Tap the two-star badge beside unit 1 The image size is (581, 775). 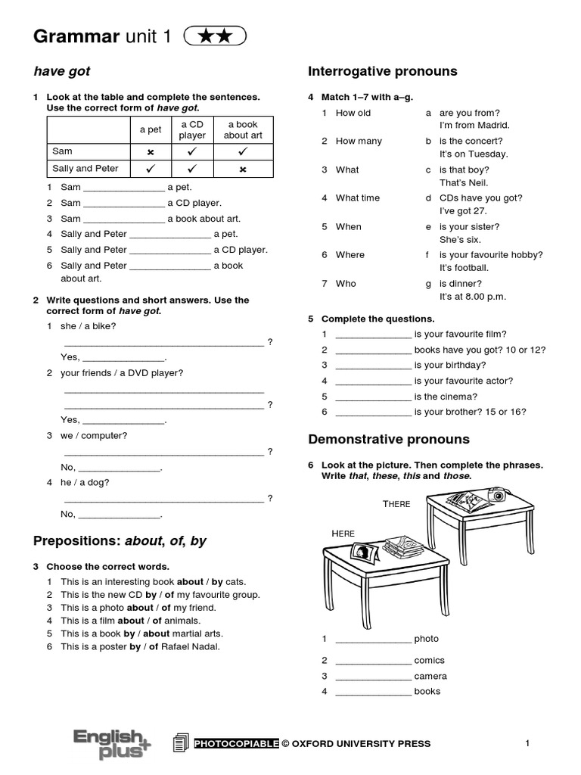tap(215, 36)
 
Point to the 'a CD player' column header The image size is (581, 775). tap(192, 129)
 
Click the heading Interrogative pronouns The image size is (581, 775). tap(382, 71)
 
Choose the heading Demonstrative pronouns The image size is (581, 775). tap(388, 439)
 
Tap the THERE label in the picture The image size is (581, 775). tap(396, 505)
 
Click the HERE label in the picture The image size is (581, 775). tap(343, 534)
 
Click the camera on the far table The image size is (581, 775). tap(497, 495)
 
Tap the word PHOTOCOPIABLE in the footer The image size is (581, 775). tap(237, 743)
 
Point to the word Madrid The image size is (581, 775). tap(493, 125)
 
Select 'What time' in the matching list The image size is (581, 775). tap(358, 198)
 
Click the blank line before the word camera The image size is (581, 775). tap(373, 677)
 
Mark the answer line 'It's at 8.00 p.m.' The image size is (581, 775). tap(473, 296)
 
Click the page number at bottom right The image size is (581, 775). tap(527, 743)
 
